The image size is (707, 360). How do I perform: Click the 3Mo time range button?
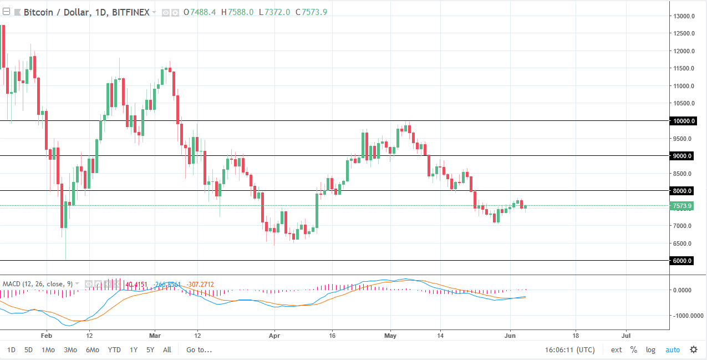[x=70, y=350]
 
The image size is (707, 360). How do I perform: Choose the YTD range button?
[x=114, y=350]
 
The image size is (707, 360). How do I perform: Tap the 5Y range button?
[x=150, y=350]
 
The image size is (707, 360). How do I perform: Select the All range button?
[x=167, y=350]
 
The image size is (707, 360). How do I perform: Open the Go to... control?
[x=199, y=350]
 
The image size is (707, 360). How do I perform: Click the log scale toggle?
[x=650, y=350]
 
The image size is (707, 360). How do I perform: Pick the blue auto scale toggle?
[x=672, y=350]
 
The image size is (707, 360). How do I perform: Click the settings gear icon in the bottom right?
[x=694, y=349]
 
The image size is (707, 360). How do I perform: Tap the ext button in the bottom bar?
[x=616, y=350]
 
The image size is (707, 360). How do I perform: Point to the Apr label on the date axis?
[x=273, y=336]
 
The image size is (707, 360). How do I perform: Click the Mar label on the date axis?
[x=155, y=336]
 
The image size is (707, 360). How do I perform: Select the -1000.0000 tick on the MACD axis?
[x=683, y=316]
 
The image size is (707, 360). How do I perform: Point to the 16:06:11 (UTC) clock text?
[x=570, y=350]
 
